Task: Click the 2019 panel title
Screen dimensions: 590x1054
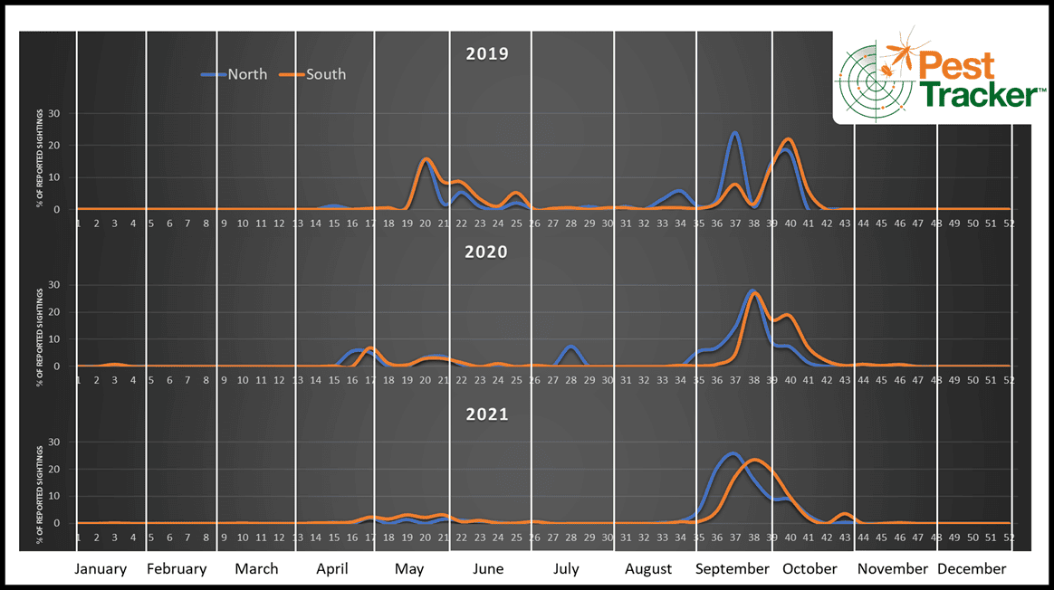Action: (x=487, y=53)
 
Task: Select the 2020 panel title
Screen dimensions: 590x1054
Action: (x=487, y=252)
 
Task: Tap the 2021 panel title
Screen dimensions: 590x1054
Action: (x=487, y=414)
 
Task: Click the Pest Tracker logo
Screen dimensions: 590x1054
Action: (x=941, y=78)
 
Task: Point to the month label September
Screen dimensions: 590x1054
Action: (x=733, y=569)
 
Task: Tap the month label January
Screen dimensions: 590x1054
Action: (x=100, y=569)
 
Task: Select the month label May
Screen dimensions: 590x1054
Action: (x=409, y=569)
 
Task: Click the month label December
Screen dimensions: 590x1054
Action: (x=972, y=569)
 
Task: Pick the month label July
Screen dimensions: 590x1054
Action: (x=566, y=569)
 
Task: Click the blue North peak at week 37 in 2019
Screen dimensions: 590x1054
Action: (x=734, y=133)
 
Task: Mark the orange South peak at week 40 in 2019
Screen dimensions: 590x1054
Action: (x=789, y=139)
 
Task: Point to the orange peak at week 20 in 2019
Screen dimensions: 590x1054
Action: (x=426, y=159)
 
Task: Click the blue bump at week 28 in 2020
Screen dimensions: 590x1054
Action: (x=570, y=347)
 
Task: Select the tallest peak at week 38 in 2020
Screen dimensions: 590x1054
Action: (x=753, y=291)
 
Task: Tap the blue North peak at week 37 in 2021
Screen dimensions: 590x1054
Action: (x=733, y=453)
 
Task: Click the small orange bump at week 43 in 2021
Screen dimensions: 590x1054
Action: (x=845, y=514)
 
